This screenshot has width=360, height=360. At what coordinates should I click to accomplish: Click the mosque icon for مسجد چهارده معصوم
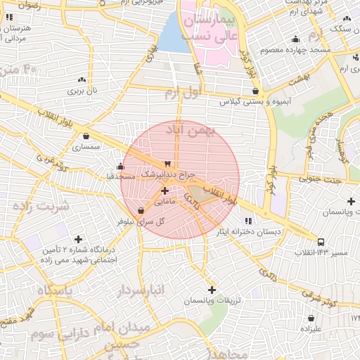tap(296, 39)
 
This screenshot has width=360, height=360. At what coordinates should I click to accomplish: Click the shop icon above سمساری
tap(86, 136)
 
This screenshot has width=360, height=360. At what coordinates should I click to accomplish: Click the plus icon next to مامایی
tap(165, 191)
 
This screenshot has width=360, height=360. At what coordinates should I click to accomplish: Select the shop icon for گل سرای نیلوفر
tap(141, 210)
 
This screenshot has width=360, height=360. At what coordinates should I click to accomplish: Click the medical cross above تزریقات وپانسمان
tap(212, 289)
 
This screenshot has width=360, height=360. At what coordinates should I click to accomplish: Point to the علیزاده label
tap(310, 328)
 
